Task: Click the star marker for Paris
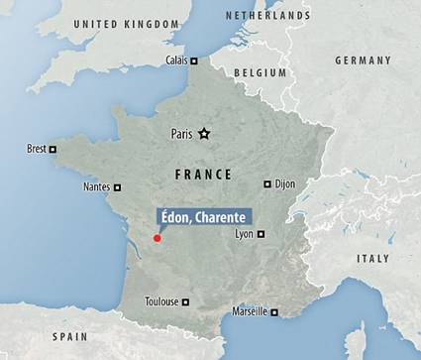coord(204,134)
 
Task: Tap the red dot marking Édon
coord(157,238)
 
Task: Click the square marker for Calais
coord(195,60)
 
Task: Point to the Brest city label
coord(37,150)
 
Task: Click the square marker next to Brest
coord(53,150)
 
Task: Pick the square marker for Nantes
coord(117,186)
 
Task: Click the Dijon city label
coord(286,183)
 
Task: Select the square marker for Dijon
coord(267,183)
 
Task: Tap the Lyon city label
coord(244,234)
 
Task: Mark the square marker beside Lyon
coord(261,234)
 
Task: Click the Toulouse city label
coord(161,301)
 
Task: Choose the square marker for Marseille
coord(274,312)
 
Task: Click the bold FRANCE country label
coord(203,174)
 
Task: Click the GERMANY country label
coord(364,60)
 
